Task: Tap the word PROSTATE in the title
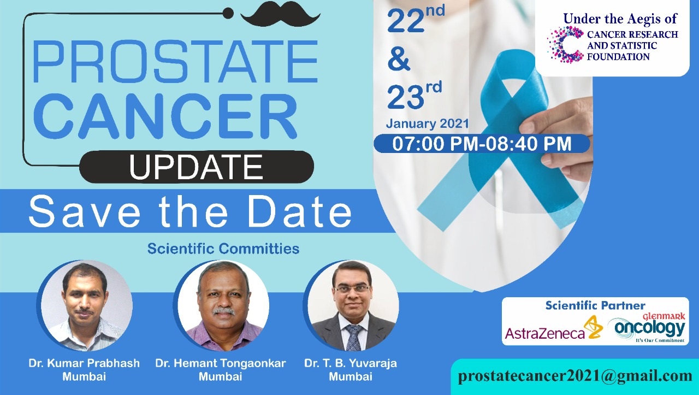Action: click(x=175, y=61)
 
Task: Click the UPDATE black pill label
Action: click(x=196, y=167)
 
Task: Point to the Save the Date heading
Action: click(x=190, y=211)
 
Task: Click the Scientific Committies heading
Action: click(x=223, y=249)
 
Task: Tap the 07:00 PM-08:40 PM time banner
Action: click(x=482, y=144)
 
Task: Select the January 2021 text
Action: click(x=427, y=123)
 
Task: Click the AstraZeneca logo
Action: click(x=554, y=329)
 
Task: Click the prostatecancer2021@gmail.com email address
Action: click(x=575, y=376)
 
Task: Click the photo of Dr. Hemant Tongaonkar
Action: click(x=222, y=306)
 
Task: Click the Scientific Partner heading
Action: click(x=595, y=305)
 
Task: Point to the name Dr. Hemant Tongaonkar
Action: click(x=220, y=363)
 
